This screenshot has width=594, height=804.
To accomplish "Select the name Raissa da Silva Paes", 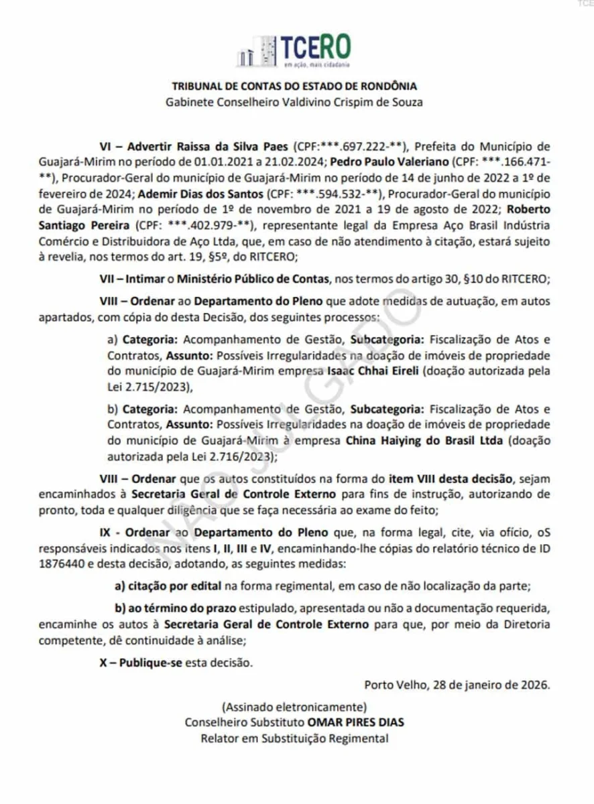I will [x=231, y=145].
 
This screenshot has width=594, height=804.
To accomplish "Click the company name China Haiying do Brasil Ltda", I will [x=425, y=441].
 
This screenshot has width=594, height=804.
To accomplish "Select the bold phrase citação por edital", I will [x=169, y=586].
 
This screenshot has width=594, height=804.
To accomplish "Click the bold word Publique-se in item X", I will [x=143, y=663].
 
